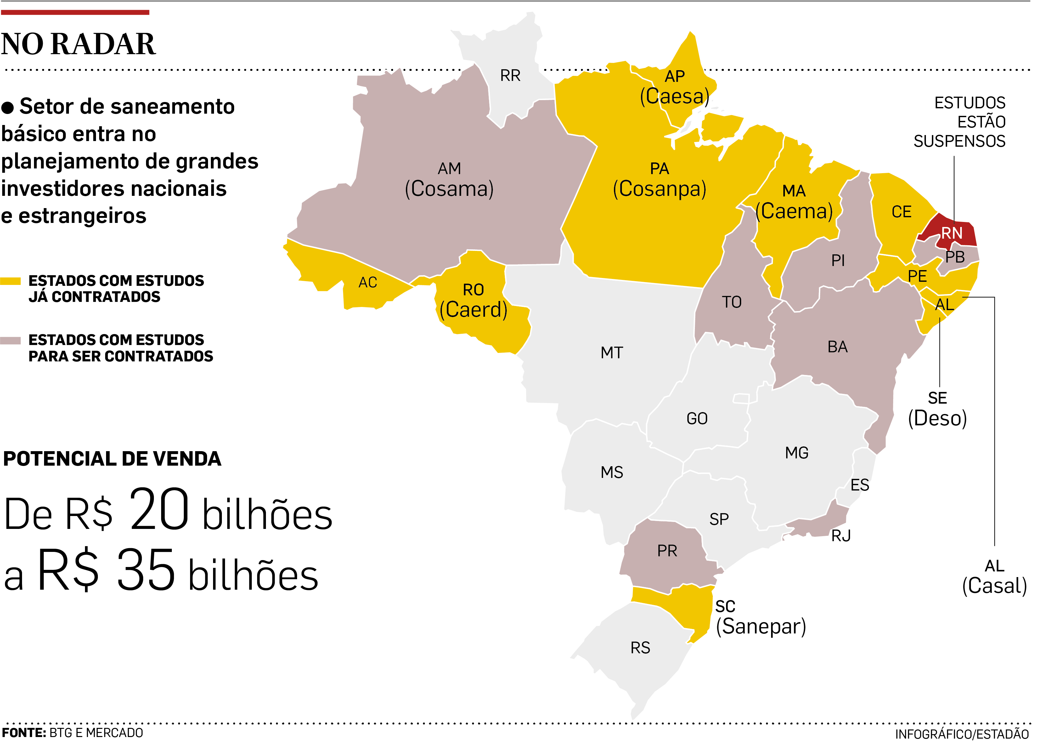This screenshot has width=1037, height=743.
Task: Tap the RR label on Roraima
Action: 510,76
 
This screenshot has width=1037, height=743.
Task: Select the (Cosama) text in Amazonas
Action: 449,189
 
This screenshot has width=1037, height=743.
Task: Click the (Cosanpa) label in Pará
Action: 659,189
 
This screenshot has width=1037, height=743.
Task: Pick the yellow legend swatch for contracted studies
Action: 10,281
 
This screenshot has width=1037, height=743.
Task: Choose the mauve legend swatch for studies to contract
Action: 10,340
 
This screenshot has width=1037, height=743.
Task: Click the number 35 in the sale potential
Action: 146,570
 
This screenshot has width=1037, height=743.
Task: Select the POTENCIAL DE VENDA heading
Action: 112,459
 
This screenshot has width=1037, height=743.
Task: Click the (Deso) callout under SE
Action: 937,418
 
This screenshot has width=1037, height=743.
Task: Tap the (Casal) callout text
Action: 995,586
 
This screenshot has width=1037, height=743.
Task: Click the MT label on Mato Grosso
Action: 612,353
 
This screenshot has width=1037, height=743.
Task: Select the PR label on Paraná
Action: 667,551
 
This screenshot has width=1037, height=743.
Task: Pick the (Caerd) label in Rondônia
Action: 473,310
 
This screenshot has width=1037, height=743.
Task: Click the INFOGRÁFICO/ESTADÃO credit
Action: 961,734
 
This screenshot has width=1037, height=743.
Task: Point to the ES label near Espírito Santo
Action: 859,485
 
